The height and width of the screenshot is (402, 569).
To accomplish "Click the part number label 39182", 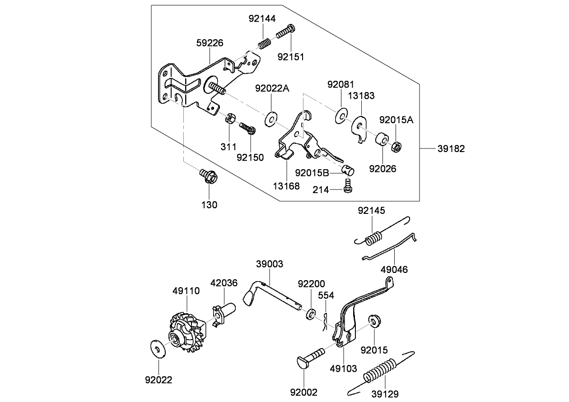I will pos(451,148).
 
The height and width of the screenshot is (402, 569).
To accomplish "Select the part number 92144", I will pos(262,18).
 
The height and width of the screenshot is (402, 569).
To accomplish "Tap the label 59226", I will pos(210,43).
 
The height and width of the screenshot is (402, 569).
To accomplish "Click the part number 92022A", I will pos(272,88).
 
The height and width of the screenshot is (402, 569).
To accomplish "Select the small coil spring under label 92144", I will pos(265,43).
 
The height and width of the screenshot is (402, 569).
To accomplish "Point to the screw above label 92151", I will pos(284,33).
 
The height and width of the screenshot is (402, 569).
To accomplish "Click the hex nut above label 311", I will pos(229,120).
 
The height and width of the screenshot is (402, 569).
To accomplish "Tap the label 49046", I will pos(394,269).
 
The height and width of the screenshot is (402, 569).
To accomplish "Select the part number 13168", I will pos(286,186).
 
